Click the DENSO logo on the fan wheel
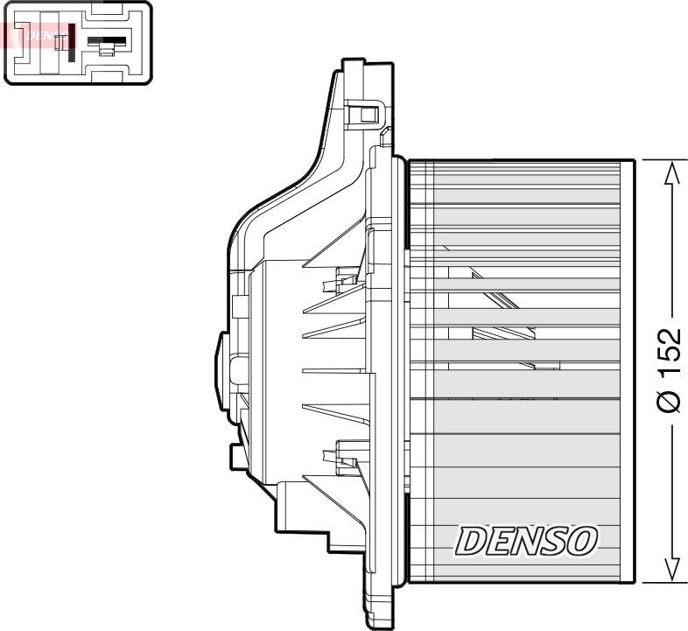pos(525,542)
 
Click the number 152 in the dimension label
pos(669,357)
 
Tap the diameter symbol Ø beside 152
pos(669,401)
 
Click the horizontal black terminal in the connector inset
pos(107,40)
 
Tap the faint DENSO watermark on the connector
pos(39,36)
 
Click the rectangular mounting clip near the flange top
pos(365,113)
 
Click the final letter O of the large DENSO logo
pos(581,541)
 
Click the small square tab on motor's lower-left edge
pos(236,456)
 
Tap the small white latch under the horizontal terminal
pos(107,52)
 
